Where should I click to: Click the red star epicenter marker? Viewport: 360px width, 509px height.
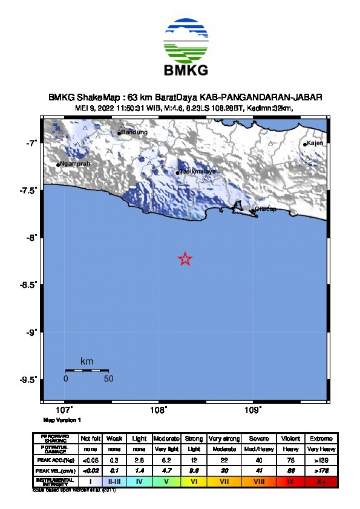coord(185,259)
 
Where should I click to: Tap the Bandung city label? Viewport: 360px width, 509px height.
coord(134,132)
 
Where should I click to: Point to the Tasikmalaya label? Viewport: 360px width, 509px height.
coord(197,172)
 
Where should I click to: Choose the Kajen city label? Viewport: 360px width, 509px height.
coord(316,143)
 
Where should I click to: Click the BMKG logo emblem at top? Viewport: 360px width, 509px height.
coord(186,41)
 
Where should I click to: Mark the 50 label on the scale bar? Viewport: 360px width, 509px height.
coord(108,378)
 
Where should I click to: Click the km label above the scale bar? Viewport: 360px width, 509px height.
coord(87,361)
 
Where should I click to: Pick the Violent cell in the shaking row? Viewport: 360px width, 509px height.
coord(291,439)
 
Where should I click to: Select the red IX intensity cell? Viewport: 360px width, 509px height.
coord(291,482)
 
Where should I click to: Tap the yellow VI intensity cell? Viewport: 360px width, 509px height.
coord(193,482)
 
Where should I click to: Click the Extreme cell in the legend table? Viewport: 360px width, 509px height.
coord(321,439)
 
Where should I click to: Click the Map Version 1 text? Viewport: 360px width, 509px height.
coord(62,420)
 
